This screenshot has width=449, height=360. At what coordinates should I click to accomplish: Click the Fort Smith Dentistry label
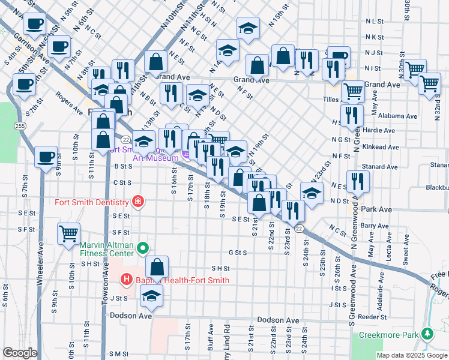pos(92,202)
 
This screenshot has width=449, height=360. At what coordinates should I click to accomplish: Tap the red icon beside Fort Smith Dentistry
pos(139,201)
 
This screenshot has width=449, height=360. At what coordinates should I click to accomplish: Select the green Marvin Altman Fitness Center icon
pos(143,247)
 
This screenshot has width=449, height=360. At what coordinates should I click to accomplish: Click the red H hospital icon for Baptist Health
pos(127,279)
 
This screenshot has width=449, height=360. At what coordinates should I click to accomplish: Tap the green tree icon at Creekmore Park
pos(427,332)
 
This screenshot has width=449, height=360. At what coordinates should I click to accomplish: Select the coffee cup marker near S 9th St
pos(46,157)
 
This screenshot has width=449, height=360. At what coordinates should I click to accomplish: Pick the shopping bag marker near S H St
pos(157,267)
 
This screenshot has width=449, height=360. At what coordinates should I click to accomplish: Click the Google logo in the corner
pos(20,353)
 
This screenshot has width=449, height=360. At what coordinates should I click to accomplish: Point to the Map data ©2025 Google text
pos(411,355)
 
